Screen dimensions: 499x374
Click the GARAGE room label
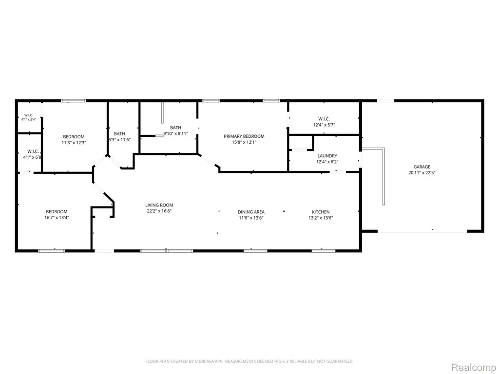pyautogui.click(x=422, y=167)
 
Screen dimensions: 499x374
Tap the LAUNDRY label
pyautogui.click(x=327, y=156)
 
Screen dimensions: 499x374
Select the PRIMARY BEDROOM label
pyautogui.click(x=244, y=136)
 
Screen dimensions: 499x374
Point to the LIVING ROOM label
pyautogui.click(x=159, y=205)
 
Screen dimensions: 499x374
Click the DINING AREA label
pyautogui.click(x=251, y=212)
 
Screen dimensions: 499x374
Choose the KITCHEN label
pyautogui.click(x=321, y=212)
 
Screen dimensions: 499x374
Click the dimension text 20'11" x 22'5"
pyautogui.click(x=422, y=173)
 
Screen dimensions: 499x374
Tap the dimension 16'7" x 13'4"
pyautogui.click(x=57, y=218)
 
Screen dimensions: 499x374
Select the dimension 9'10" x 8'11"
pyautogui.click(x=175, y=133)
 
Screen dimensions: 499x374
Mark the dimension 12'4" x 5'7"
pyautogui.click(x=324, y=125)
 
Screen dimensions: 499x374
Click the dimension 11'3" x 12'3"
pyautogui.click(x=74, y=143)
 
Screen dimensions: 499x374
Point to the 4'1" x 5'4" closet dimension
pyautogui.click(x=29, y=120)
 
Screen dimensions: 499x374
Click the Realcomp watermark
pyautogui.click(x=473, y=367)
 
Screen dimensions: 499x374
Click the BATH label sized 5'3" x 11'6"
pyautogui.click(x=119, y=134)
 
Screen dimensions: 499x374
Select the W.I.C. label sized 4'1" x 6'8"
pyautogui.click(x=33, y=151)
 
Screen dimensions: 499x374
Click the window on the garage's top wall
pyautogui.click(x=385, y=101)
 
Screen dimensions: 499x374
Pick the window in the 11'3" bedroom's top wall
pyautogui.click(x=74, y=101)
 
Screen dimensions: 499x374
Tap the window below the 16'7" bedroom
pyautogui.click(x=51, y=251)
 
